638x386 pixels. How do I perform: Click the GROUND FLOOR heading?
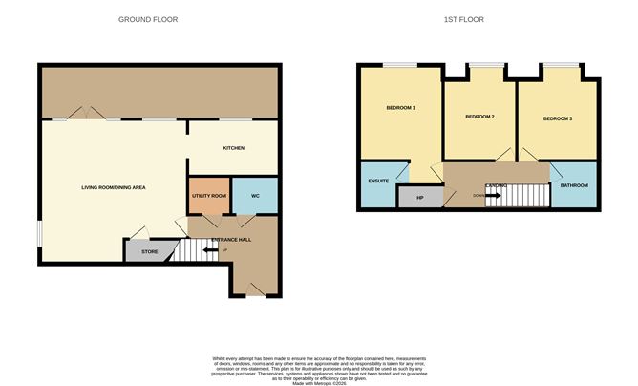coord(148,19)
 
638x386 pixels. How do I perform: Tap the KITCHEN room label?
coord(234,148)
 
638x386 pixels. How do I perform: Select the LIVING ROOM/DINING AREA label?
coord(114,187)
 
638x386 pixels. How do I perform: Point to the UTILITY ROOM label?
coord(209,196)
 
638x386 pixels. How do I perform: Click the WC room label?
coord(254,196)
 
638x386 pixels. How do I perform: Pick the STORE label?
coord(150,252)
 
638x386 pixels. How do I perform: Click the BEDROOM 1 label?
coord(400,107)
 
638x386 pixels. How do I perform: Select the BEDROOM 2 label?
coord(479,117)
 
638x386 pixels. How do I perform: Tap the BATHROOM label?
coord(574,184)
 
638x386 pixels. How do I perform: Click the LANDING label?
coord(497,185)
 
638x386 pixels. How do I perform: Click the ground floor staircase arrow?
coord(210,252)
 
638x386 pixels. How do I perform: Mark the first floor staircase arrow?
coord(493,196)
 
